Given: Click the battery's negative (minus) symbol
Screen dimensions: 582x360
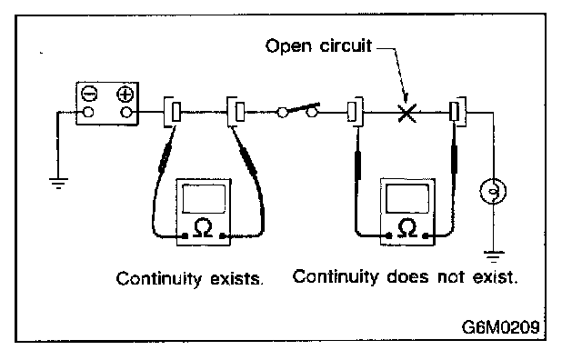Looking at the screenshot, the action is click(x=89, y=94).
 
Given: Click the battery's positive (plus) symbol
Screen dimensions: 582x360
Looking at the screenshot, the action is click(x=125, y=95).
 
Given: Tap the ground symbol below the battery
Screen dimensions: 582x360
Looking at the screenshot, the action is click(x=58, y=184).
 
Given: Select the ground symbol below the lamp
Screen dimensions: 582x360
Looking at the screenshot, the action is click(x=494, y=256).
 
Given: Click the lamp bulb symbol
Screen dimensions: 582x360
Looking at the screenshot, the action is click(x=493, y=192).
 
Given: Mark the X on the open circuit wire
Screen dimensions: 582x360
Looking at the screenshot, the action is click(x=407, y=113).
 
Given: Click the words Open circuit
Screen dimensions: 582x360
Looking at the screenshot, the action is click(x=318, y=46).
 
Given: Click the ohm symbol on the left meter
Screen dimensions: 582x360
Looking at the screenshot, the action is click(x=203, y=228).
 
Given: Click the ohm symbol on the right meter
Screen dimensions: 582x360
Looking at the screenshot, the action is click(x=407, y=227).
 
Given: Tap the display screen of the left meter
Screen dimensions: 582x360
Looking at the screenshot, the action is click(x=204, y=198).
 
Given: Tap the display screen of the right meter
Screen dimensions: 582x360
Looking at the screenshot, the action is click(x=407, y=198).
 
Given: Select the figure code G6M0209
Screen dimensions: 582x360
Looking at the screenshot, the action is click(x=500, y=327).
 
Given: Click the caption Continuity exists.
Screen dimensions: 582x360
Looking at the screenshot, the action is click(x=190, y=279).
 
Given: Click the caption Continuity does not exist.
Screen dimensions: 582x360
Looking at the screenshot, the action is click(x=405, y=277).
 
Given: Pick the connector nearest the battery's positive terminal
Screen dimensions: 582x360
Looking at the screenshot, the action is click(x=172, y=112).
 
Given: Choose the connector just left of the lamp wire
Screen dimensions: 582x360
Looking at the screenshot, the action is click(x=457, y=112).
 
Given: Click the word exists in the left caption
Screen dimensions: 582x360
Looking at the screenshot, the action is click(x=236, y=279).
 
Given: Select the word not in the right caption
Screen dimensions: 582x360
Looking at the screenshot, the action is click(x=451, y=277).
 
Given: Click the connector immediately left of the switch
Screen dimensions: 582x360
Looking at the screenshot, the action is click(x=236, y=112).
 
